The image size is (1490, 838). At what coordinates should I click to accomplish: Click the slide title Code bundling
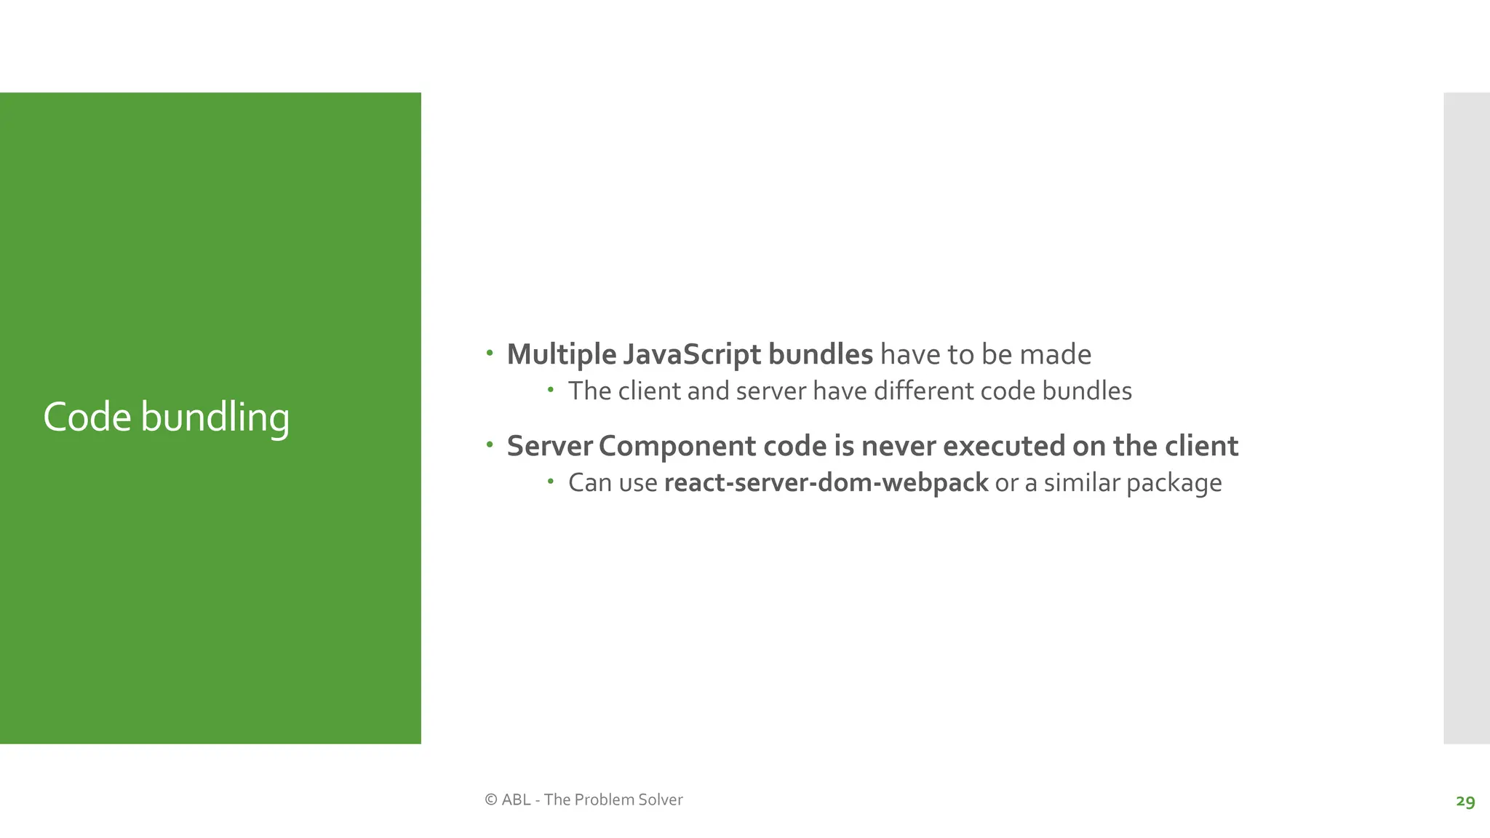pyautogui.click(x=166, y=418)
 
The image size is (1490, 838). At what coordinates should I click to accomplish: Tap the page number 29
pyautogui.click(x=1465, y=801)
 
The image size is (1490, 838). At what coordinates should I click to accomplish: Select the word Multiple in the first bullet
pyautogui.click(x=562, y=355)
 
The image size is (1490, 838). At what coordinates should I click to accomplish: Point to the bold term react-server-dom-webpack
pyautogui.click(x=826, y=482)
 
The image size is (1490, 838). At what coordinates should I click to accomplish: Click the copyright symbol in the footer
pyautogui.click(x=491, y=799)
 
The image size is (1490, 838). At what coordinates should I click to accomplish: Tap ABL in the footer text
pyautogui.click(x=516, y=799)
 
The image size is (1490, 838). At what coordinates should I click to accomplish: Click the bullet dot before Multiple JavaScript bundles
pyautogui.click(x=490, y=354)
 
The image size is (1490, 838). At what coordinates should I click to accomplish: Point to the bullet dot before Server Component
pyautogui.click(x=490, y=444)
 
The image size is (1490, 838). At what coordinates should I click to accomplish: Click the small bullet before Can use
pyautogui.click(x=551, y=481)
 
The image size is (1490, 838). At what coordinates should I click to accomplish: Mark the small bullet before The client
pyautogui.click(x=551, y=390)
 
